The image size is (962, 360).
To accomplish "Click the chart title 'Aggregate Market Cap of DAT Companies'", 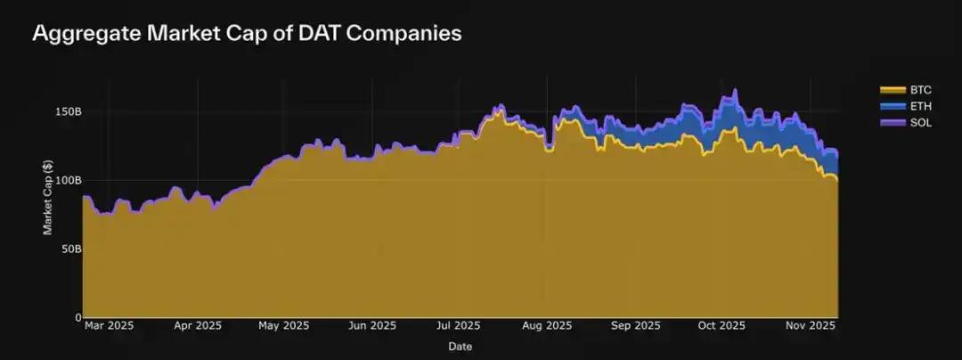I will (x=246, y=34).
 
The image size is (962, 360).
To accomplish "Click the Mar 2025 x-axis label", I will (x=109, y=326).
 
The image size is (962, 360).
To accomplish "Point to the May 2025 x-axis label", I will (x=283, y=326).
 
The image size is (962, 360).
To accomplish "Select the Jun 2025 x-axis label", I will (x=371, y=326).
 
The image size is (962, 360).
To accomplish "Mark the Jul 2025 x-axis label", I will (x=459, y=326).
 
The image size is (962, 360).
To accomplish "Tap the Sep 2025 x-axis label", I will (x=633, y=326).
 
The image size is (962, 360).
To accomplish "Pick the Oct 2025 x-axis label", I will (x=721, y=326).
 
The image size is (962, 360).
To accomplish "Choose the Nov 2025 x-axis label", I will (x=809, y=326).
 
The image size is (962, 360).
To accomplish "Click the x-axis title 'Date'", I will (x=460, y=346).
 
